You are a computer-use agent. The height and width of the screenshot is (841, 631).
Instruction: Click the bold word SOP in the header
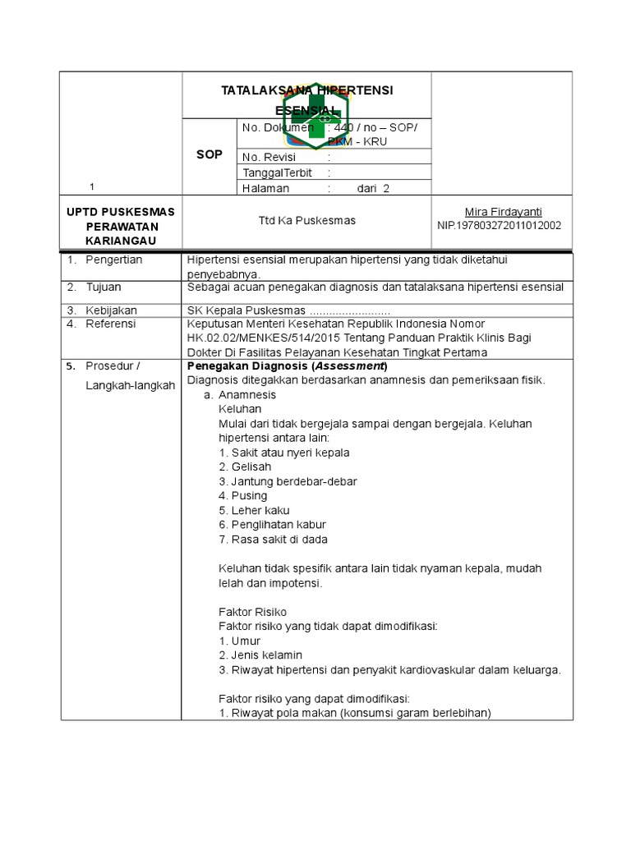click(210, 154)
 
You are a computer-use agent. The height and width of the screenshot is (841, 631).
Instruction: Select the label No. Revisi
click(267, 157)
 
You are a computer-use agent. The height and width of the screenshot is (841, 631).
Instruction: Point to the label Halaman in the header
click(266, 188)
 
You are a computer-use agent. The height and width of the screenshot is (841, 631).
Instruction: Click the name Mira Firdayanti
click(504, 211)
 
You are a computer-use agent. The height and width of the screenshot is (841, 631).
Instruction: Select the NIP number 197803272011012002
click(499, 225)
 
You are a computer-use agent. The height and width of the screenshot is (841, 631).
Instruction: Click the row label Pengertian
click(114, 260)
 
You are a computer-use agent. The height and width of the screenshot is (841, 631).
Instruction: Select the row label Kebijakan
click(111, 310)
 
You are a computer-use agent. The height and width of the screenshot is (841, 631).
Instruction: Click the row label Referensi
click(112, 324)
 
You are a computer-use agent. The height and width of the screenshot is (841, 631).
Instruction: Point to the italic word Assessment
click(349, 365)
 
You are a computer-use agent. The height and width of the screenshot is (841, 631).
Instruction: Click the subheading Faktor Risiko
click(252, 612)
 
